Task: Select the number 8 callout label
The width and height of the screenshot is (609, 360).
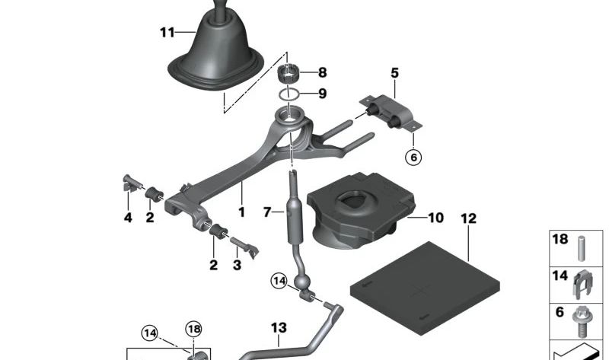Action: pyautogui.click(x=322, y=72)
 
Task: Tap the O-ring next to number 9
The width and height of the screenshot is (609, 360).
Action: pyautogui.click(x=289, y=94)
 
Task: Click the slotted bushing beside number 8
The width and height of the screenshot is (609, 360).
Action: pyautogui.click(x=289, y=73)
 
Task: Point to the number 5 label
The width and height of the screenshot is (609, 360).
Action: pyautogui.click(x=394, y=72)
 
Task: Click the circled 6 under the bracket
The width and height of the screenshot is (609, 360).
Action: pyautogui.click(x=413, y=158)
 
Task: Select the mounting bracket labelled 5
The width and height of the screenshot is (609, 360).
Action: pyautogui.click(x=391, y=112)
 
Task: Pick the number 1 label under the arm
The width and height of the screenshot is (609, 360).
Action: pyautogui.click(x=241, y=212)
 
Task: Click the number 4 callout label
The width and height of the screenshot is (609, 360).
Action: pyautogui.click(x=128, y=218)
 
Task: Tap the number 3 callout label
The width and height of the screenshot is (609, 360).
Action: pyautogui.click(x=237, y=265)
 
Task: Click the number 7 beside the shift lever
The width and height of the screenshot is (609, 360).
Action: pyautogui.click(x=267, y=212)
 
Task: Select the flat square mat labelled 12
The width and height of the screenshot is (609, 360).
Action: pyautogui.click(x=425, y=288)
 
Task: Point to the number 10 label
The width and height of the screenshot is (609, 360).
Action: pyautogui.click(x=435, y=218)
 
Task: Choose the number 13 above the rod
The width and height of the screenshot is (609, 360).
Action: pyautogui.click(x=279, y=328)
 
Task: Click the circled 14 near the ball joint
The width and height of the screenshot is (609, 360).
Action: pyautogui.click(x=279, y=280)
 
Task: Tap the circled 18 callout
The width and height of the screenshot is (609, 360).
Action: pyautogui.click(x=194, y=330)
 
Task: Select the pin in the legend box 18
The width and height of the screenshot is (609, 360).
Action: pyautogui.click(x=582, y=249)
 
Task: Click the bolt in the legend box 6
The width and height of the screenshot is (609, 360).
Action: pyautogui.click(x=581, y=321)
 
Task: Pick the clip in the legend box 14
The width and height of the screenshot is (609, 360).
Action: pyautogui.click(x=582, y=285)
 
